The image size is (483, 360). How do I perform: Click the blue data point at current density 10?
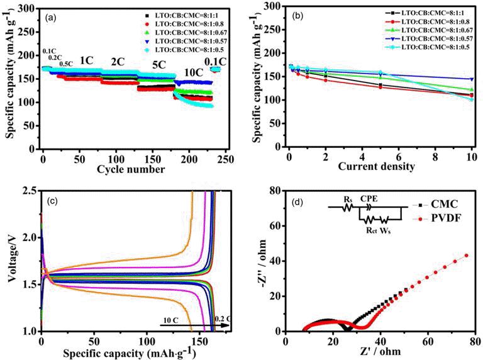click(471, 79)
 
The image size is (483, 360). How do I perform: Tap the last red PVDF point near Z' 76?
click(467, 256)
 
